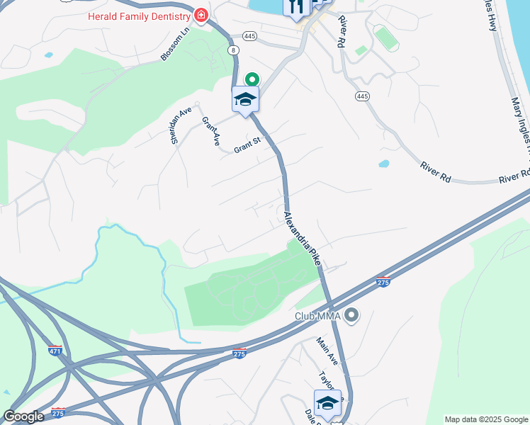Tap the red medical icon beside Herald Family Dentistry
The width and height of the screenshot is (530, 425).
(x=201, y=15)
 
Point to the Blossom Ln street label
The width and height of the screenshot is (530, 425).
(x=174, y=43)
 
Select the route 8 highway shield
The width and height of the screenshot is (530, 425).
(x=233, y=50)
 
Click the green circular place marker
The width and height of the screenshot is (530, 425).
(x=251, y=80)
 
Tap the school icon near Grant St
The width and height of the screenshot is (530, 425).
(x=245, y=99)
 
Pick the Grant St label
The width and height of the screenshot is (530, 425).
(x=248, y=143)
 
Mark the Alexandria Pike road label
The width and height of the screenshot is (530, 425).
(x=303, y=239)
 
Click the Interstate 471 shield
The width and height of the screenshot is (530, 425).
(x=55, y=349)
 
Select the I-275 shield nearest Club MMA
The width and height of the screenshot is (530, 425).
(x=383, y=281)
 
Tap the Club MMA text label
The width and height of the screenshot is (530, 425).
(x=318, y=315)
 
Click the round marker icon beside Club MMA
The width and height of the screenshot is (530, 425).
(x=352, y=314)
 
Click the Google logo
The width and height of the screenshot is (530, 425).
(x=23, y=416)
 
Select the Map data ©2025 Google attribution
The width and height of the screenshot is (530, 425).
(x=486, y=419)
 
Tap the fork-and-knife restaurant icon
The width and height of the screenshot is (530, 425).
(x=295, y=7)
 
